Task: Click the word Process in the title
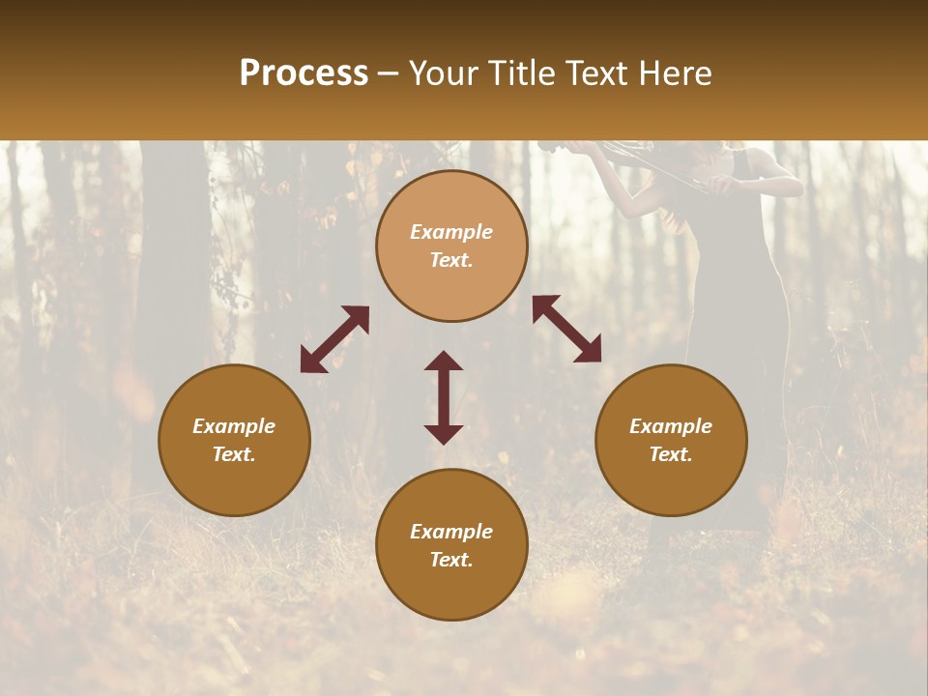[304, 73]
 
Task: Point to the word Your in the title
[444, 73]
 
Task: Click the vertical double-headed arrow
[444, 397]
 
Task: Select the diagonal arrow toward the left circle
[334, 339]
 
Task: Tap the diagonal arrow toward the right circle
[566, 329]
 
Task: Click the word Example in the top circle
[451, 232]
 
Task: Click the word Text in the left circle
[234, 454]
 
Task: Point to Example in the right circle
[671, 426]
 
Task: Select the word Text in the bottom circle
[451, 560]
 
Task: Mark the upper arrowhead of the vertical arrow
[444, 361]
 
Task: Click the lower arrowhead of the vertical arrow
[444, 434]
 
